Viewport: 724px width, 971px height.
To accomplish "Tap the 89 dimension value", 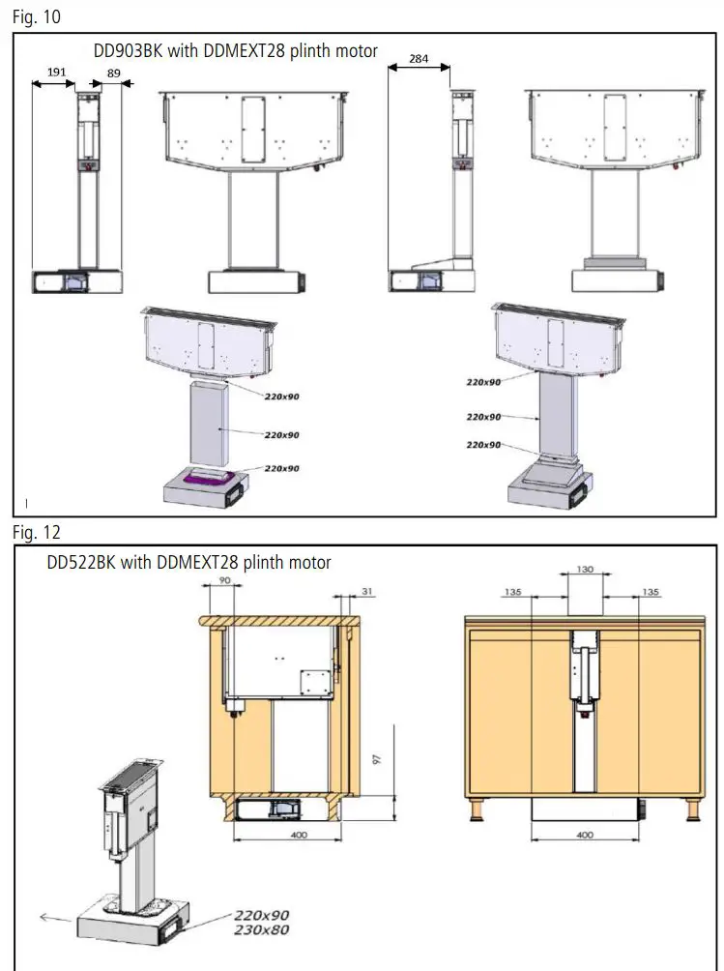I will (x=113, y=73).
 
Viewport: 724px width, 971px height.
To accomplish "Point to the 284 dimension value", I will (x=419, y=59).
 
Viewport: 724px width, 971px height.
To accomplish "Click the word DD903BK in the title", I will (x=128, y=50).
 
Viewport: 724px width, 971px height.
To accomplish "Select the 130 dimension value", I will (x=585, y=570).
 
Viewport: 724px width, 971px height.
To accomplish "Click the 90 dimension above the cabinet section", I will (x=225, y=580).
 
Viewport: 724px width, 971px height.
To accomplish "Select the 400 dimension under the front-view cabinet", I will (x=585, y=835).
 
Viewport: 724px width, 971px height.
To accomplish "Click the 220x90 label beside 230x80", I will (x=261, y=915).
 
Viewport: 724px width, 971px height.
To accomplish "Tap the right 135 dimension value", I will (x=651, y=592).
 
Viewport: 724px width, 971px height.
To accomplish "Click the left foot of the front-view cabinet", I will (x=477, y=810).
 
